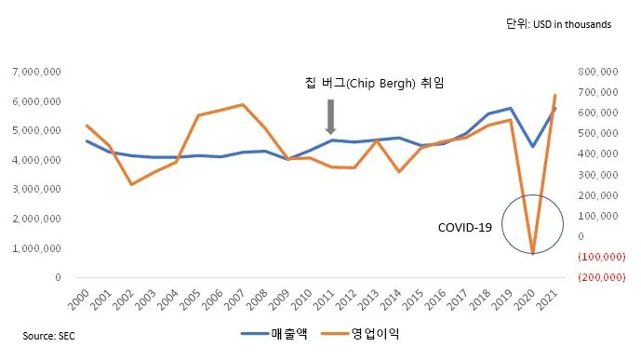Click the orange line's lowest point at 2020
click(x=532, y=253)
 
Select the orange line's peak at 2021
click(x=555, y=95)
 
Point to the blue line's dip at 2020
click(x=532, y=146)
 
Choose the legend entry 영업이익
click(x=363, y=332)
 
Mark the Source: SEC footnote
click(x=50, y=334)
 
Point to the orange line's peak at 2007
click(x=243, y=104)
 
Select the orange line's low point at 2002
click(x=131, y=184)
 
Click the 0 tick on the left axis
click(x=59, y=277)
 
